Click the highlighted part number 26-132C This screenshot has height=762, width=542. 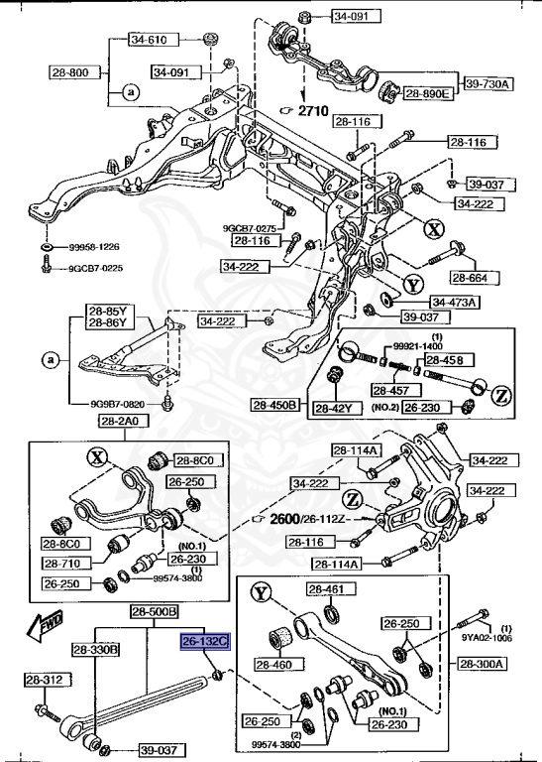[x=204, y=642]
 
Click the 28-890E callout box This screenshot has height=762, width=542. [x=427, y=94]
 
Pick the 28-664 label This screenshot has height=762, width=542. [x=474, y=277]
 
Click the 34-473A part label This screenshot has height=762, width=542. [x=455, y=302]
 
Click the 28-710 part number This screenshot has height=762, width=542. [x=64, y=563]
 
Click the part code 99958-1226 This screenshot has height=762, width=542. [x=95, y=246]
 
